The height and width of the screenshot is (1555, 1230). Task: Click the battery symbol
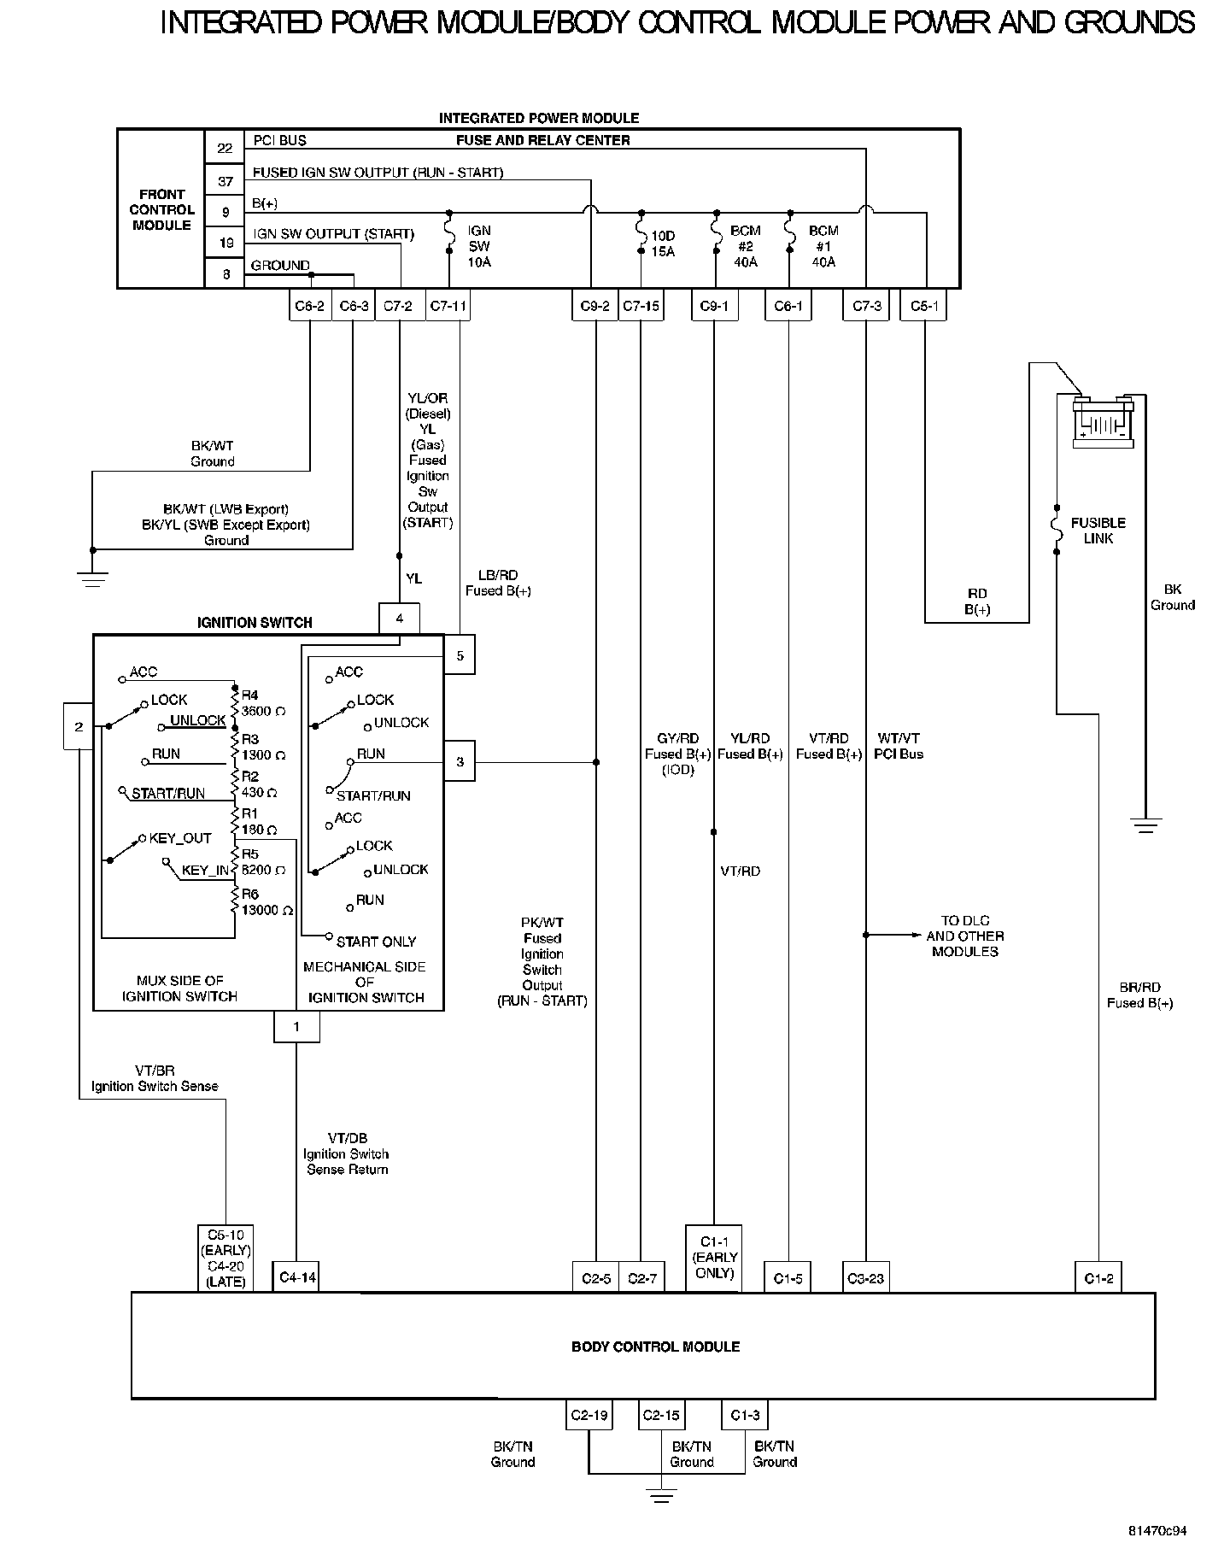[x=1104, y=422]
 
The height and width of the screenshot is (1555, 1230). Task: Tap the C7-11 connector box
[x=448, y=306]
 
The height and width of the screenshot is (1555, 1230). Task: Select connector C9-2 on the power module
[x=594, y=306]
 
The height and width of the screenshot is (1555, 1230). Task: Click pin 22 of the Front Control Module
[x=225, y=148]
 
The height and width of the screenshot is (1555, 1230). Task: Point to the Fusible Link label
[x=1098, y=531]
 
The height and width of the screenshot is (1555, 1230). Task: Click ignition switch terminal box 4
[x=400, y=619]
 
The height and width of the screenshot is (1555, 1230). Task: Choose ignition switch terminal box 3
[x=460, y=761]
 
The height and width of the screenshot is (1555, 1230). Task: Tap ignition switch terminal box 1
[x=296, y=1027]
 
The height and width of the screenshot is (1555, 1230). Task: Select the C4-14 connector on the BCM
[x=296, y=1278]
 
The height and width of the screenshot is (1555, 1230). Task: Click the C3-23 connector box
[x=865, y=1278]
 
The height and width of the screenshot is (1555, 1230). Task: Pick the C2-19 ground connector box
[x=589, y=1416]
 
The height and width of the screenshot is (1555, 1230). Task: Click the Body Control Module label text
[x=655, y=1347]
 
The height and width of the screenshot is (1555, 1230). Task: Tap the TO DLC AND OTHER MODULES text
[x=964, y=936]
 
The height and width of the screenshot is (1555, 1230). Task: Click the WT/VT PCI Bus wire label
[x=899, y=746]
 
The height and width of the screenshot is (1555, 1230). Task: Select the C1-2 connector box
[x=1098, y=1278]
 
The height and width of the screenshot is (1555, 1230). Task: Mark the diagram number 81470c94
[x=1157, y=1530]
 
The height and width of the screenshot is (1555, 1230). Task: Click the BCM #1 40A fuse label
[x=823, y=246]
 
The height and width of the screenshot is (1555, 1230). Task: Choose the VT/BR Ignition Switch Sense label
[x=155, y=1078]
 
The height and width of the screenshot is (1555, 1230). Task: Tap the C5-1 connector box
[x=923, y=306]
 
